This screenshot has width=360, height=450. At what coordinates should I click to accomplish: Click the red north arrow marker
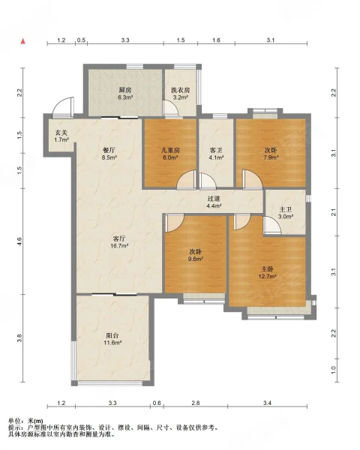[23, 41]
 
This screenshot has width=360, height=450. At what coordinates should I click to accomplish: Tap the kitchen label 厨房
[125, 90]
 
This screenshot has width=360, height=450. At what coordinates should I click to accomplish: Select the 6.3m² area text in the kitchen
[125, 97]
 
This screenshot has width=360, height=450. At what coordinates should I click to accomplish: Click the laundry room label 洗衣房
[181, 90]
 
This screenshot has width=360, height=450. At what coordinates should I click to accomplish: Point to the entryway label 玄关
[61, 133]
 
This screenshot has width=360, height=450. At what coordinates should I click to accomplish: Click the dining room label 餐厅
[109, 150]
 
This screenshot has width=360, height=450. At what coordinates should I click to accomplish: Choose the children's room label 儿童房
[170, 150]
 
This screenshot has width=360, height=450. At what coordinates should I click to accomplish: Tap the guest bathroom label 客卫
[216, 150]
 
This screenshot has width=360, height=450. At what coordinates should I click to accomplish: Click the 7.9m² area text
[271, 157]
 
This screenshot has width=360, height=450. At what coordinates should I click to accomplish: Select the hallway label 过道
[214, 198]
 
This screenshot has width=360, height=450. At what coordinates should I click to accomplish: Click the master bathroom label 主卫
[285, 209]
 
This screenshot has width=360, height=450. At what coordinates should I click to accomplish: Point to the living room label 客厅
[119, 238]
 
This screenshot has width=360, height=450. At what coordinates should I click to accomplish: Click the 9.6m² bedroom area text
[196, 259]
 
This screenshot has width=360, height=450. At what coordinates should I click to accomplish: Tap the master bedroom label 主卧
[267, 269]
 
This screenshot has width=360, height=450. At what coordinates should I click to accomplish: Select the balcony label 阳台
[112, 335]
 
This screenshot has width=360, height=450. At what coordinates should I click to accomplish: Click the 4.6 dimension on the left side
[19, 241]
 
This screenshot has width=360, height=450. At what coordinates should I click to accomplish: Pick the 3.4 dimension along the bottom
[267, 403]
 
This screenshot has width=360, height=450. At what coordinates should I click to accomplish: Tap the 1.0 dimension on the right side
[333, 370]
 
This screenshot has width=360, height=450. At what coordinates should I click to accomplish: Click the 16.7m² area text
[119, 246]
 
